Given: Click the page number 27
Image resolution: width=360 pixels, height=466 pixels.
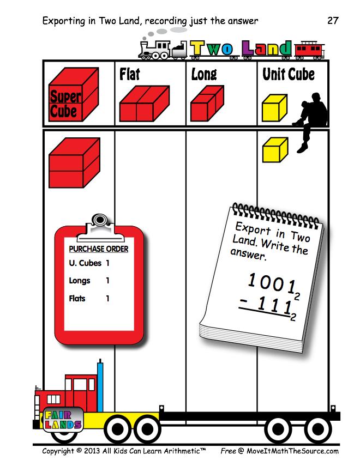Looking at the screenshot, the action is [x=333, y=21].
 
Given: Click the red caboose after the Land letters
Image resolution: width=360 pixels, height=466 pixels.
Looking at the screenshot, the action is [x=309, y=50].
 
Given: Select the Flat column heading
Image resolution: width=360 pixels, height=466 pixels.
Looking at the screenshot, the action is [x=129, y=74].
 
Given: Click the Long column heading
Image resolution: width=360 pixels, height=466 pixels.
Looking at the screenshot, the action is [x=204, y=74].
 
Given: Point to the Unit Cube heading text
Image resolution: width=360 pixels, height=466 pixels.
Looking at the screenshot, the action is [x=289, y=74].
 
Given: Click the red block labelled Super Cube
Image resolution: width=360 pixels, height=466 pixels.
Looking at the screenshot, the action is [x=74, y=94].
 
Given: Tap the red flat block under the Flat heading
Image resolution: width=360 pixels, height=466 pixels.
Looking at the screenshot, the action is [x=145, y=104].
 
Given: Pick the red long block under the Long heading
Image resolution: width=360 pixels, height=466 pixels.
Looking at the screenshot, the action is [x=207, y=104].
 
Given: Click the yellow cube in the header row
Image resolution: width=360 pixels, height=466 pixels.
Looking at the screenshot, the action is [x=274, y=108].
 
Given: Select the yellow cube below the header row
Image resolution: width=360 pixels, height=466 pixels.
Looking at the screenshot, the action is [x=275, y=150].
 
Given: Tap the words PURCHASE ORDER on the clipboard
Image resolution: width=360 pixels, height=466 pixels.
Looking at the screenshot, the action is [x=99, y=249].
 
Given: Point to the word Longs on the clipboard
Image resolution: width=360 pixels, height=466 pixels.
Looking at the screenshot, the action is [x=80, y=281].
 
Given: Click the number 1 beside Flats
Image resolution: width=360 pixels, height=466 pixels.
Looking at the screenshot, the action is [x=107, y=298].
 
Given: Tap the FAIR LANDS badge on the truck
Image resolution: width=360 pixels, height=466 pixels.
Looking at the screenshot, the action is [x=63, y=419].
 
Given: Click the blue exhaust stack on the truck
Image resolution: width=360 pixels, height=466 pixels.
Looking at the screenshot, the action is [x=100, y=386].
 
